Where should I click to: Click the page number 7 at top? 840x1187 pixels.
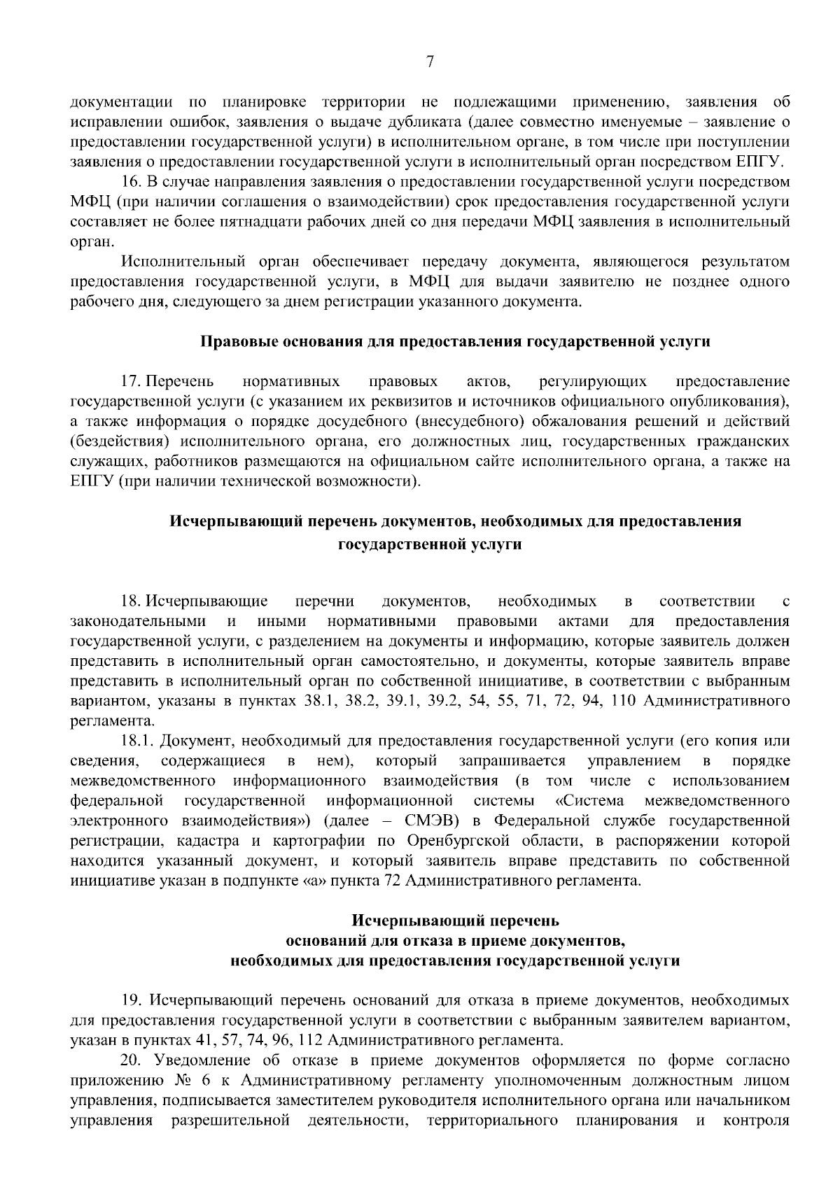coord(430,63)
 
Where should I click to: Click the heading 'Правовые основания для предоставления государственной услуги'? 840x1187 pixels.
coord(455,342)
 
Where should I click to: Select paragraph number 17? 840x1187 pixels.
coord(131,382)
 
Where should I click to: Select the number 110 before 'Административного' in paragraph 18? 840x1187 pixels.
coord(622,701)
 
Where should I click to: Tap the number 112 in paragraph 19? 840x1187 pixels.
coord(310,1041)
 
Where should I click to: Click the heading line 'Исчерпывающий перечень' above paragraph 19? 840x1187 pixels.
coord(455,921)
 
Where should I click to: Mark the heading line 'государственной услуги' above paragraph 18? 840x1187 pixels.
coord(430,544)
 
